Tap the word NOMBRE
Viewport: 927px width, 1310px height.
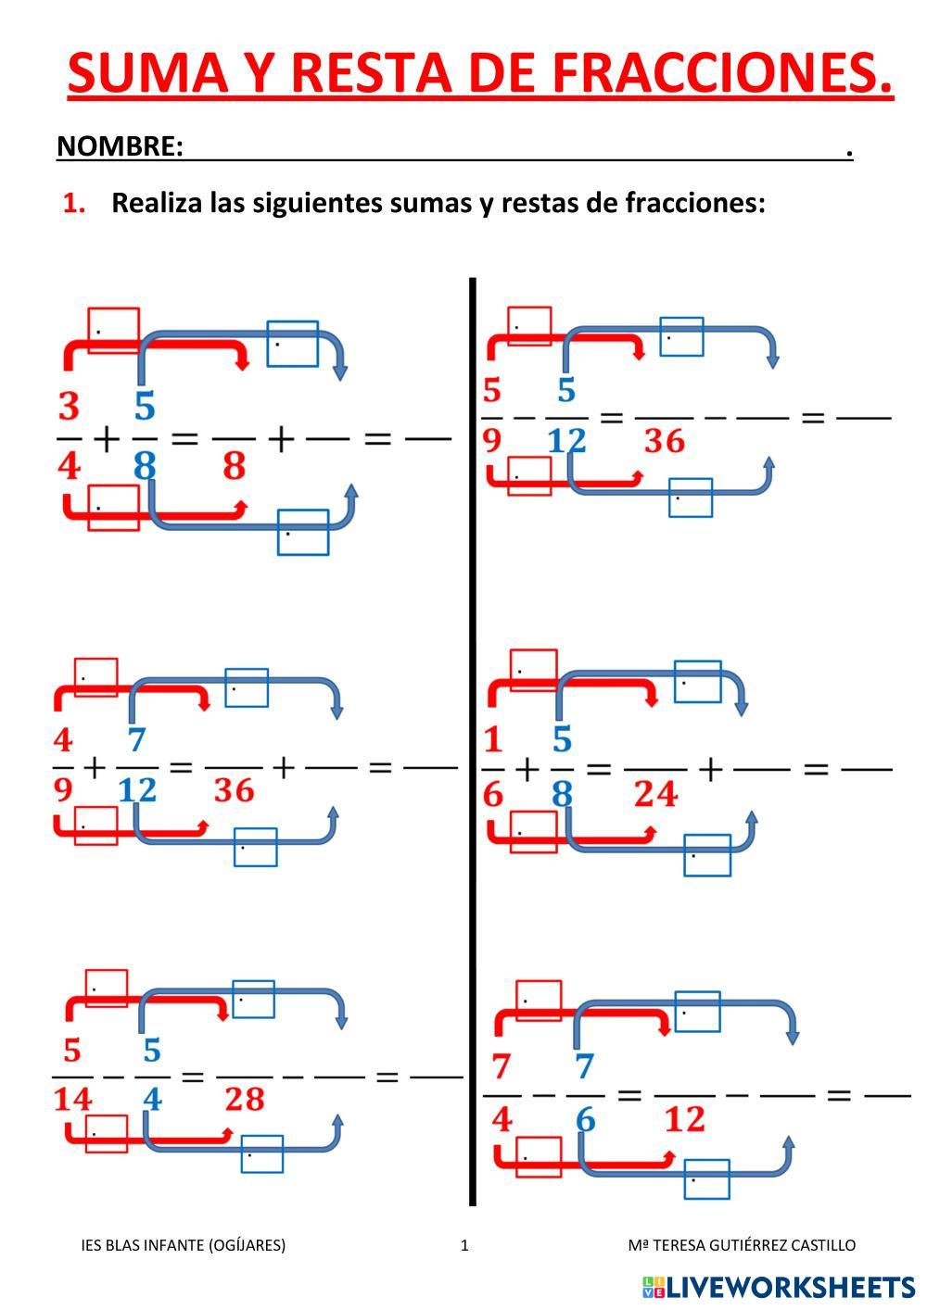(x=118, y=146)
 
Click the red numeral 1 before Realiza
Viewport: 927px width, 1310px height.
(x=73, y=203)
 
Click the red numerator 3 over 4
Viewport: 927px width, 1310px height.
(x=69, y=406)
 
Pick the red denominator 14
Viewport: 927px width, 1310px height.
(x=72, y=1100)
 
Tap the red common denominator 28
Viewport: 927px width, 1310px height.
(x=245, y=1100)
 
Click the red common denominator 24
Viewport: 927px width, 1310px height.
(x=655, y=794)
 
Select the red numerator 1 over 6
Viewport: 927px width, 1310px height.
(x=492, y=739)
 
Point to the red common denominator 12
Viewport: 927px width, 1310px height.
(x=685, y=1120)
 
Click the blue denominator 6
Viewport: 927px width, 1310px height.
(x=585, y=1120)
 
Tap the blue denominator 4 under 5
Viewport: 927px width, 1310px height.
(x=152, y=1100)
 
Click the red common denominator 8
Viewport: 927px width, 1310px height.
(x=234, y=465)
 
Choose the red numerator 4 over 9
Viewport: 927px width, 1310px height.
(x=63, y=739)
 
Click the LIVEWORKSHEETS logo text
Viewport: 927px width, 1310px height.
(x=791, y=1287)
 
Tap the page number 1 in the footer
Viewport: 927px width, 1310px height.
(x=464, y=1245)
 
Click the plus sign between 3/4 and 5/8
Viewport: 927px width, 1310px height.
(x=106, y=438)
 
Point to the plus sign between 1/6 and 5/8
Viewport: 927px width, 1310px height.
(x=526, y=768)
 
